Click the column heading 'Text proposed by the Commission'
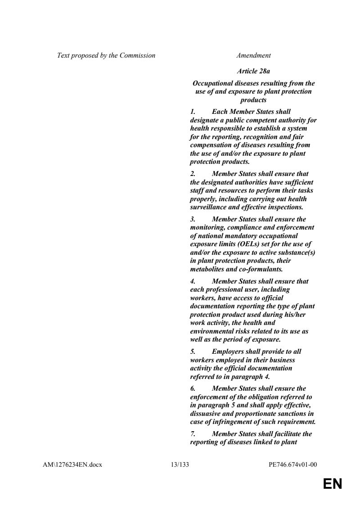(x=106, y=56)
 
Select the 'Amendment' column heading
(x=253, y=56)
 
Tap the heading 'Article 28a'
(x=253, y=71)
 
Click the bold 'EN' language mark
(x=333, y=484)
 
